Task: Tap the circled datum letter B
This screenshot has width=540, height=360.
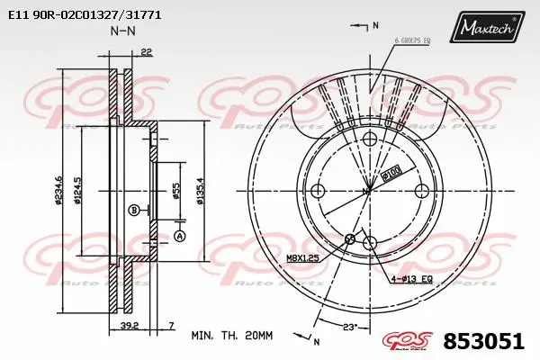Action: tap(134, 211)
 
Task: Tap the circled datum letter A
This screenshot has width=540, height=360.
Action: tap(179, 236)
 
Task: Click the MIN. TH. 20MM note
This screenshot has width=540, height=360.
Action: tap(231, 335)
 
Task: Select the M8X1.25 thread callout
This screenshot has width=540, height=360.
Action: tap(303, 258)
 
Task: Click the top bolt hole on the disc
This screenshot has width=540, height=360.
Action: tap(368, 139)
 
